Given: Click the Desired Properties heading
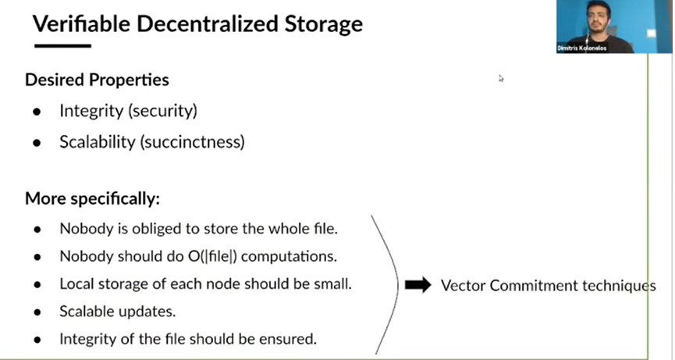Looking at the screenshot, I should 97,80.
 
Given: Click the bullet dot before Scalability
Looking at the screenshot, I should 37,143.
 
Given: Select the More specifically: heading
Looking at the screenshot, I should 92,198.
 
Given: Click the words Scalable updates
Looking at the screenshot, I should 117,311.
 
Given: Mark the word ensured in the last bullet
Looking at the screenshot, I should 292,339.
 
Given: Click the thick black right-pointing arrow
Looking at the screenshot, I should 418,285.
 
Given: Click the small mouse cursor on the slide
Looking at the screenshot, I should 501,78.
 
